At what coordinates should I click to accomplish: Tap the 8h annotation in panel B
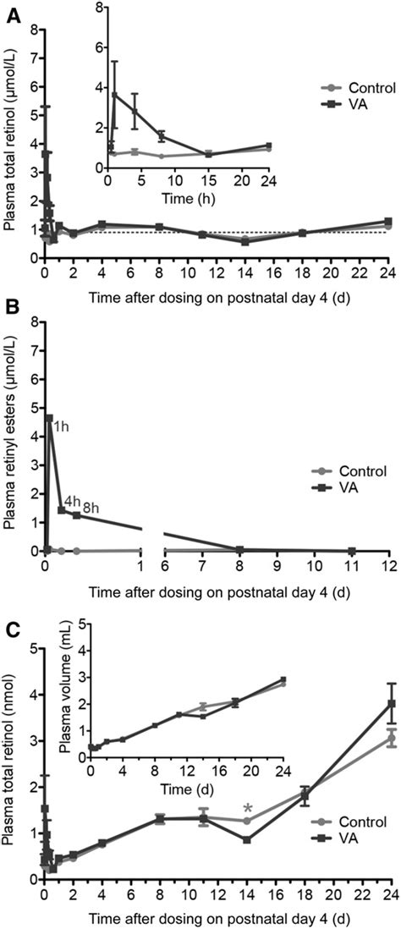point(91,508)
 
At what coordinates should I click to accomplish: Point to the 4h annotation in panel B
point(73,502)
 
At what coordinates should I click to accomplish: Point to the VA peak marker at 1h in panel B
point(49,418)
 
